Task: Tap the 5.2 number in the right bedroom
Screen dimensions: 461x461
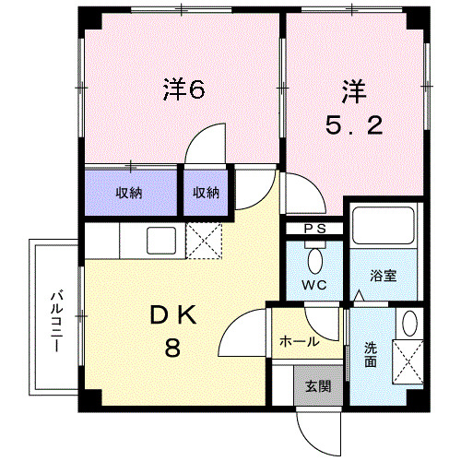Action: pyautogui.click(x=353, y=127)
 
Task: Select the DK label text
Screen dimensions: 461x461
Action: pyautogui.click(x=175, y=315)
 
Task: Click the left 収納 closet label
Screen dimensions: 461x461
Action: pyautogui.click(x=129, y=193)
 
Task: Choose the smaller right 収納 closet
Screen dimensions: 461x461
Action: pyautogui.click(x=206, y=193)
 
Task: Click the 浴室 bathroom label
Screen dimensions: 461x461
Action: pyautogui.click(x=384, y=276)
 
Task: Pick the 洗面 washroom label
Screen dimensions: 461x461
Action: pyautogui.click(x=370, y=356)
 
